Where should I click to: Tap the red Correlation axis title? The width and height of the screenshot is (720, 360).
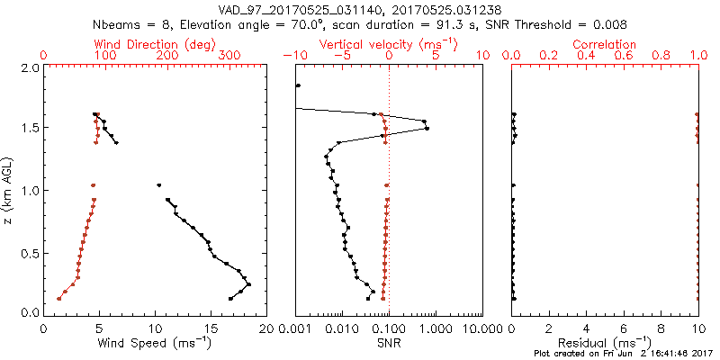pyautogui.click(x=605, y=44)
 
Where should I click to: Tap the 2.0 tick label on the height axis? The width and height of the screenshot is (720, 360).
pyautogui.click(x=29, y=67)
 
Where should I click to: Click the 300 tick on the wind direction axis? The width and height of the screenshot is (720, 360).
pyautogui.click(x=229, y=56)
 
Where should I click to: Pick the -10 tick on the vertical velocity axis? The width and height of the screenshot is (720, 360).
pyautogui.click(x=293, y=56)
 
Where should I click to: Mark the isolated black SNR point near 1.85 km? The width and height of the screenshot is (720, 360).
pyautogui.click(x=298, y=85)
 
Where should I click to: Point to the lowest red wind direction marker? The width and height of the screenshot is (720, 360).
pyautogui.click(x=59, y=298)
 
